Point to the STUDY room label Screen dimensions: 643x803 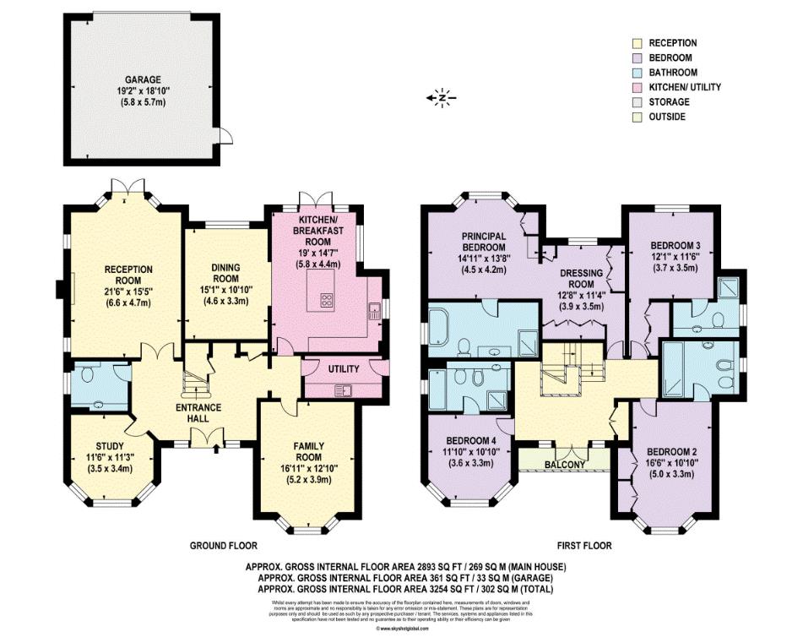[x=110, y=446]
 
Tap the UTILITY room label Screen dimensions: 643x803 [x=343, y=369]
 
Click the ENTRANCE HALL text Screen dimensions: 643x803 [x=198, y=407]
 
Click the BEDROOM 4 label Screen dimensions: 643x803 [x=469, y=439]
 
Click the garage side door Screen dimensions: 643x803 [x=224, y=135]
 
